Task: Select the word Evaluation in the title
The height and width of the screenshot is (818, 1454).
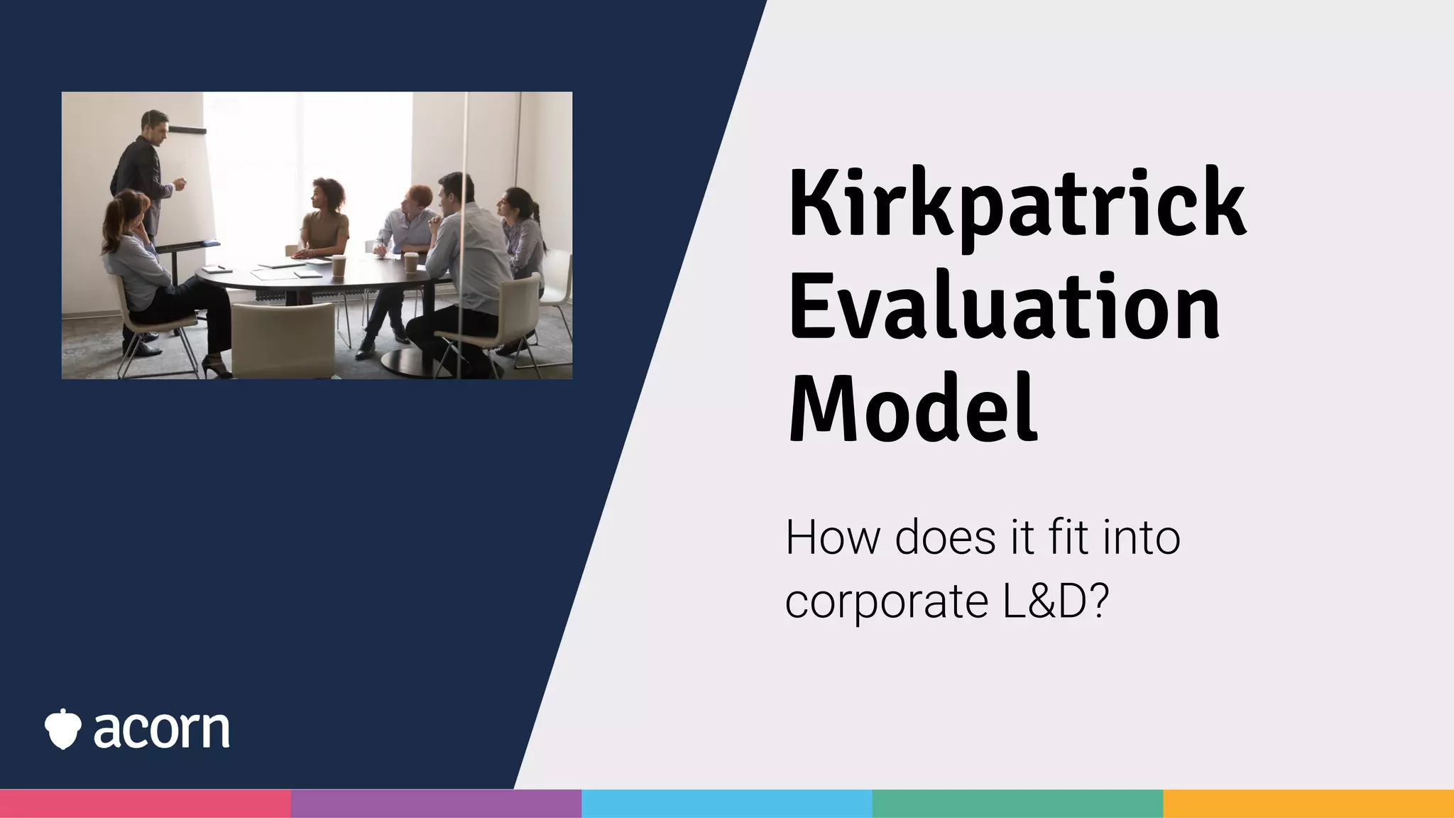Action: [x=1004, y=307]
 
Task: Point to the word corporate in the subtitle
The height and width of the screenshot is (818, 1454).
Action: [x=886, y=601]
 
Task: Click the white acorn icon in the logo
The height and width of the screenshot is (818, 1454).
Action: [x=62, y=729]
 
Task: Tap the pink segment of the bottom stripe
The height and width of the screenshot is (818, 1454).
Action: [x=145, y=803]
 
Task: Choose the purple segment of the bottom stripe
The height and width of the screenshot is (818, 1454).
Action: [x=436, y=803]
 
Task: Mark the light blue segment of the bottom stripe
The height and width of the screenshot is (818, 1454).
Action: [x=726, y=803]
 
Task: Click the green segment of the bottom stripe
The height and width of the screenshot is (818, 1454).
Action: [x=1017, y=803]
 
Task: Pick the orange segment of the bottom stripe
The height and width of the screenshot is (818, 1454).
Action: [x=1308, y=803]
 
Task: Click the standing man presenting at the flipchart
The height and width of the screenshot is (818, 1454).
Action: [x=146, y=178]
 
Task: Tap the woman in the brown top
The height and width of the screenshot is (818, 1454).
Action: [x=324, y=220]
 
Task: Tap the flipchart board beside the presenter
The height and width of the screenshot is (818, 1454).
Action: [x=192, y=185]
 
